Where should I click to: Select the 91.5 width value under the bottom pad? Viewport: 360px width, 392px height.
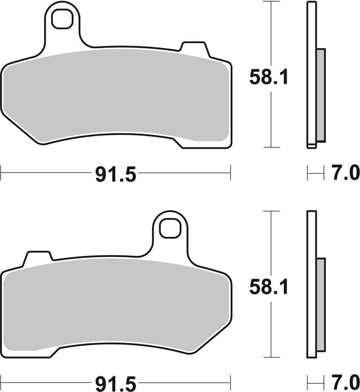115,383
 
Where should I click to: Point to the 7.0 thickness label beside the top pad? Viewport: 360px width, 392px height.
345,172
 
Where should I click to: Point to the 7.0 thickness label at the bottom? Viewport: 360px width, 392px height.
345,383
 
